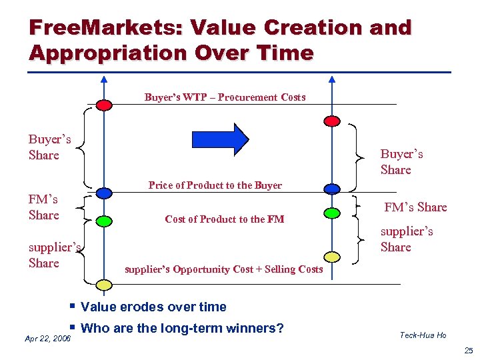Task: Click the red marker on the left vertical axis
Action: (103, 105)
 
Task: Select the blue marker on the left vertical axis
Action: (103, 193)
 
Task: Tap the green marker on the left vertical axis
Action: (103, 220)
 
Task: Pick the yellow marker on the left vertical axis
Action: (103, 285)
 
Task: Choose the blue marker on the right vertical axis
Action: (331, 189)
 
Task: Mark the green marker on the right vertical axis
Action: (331, 213)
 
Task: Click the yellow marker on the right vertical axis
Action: (331, 257)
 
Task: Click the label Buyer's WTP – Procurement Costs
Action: (225, 97)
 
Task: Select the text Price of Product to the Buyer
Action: (215, 185)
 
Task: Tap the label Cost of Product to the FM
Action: (224, 219)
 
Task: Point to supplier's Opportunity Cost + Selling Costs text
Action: (223, 269)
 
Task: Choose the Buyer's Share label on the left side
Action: (49, 147)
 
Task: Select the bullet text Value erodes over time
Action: (153, 307)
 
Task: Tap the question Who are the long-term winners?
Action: (181, 328)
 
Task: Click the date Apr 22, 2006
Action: (47, 339)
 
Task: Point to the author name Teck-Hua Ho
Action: (423, 335)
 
